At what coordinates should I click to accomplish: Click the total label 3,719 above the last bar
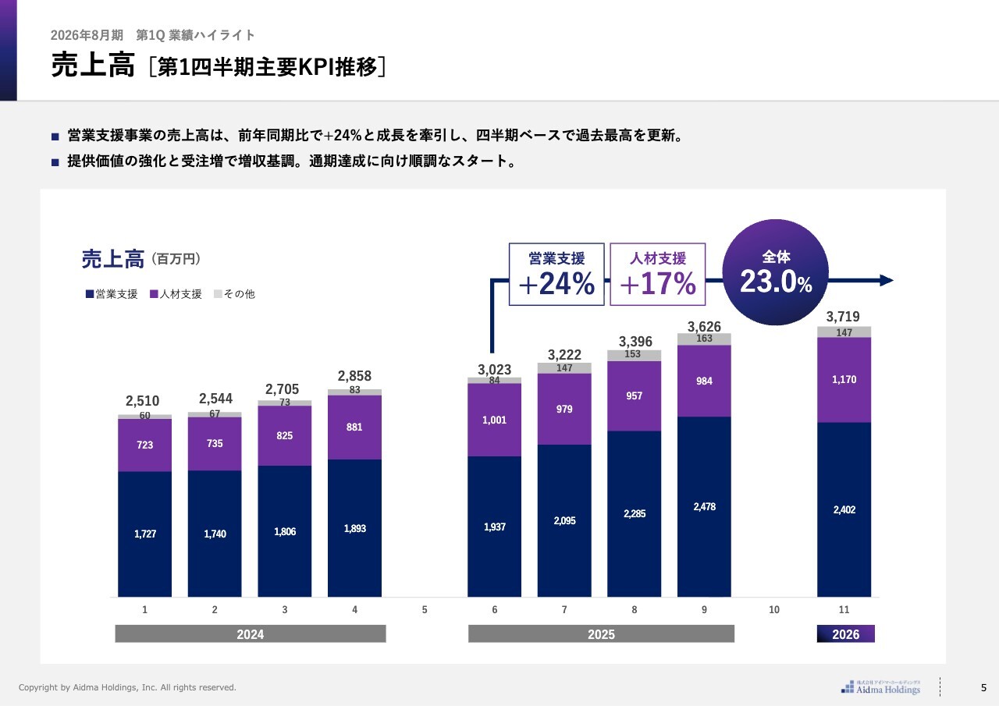pyautogui.click(x=843, y=317)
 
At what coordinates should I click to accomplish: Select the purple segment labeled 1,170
pyautogui.click(x=844, y=380)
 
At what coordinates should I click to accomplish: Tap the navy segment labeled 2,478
pyautogui.click(x=704, y=506)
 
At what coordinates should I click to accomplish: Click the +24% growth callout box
pyautogui.click(x=556, y=274)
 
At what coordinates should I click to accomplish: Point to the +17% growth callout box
pyautogui.click(x=657, y=274)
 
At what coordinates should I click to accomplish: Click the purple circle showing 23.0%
pyautogui.click(x=776, y=272)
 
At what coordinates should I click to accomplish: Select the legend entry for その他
pyautogui.click(x=234, y=294)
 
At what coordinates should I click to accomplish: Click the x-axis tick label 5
pyautogui.click(x=425, y=610)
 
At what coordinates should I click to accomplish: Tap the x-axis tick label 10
pyautogui.click(x=774, y=610)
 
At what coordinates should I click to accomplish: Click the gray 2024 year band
pyautogui.click(x=251, y=634)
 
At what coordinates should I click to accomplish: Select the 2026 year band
pyautogui.click(x=846, y=634)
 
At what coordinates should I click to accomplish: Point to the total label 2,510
pyautogui.click(x=143, y=401)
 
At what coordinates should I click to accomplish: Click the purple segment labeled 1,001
pyautogui.click(x=494, y=420)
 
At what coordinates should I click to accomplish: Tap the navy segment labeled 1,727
pyautogui.click(x=144, y=534)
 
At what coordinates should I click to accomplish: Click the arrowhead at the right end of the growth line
pyautogui.click(x=886, y=281)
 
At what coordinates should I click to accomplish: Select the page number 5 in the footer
pyautogui.click(x=983, y=687)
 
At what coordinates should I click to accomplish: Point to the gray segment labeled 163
pyautogui.click(x=704, y=339)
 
